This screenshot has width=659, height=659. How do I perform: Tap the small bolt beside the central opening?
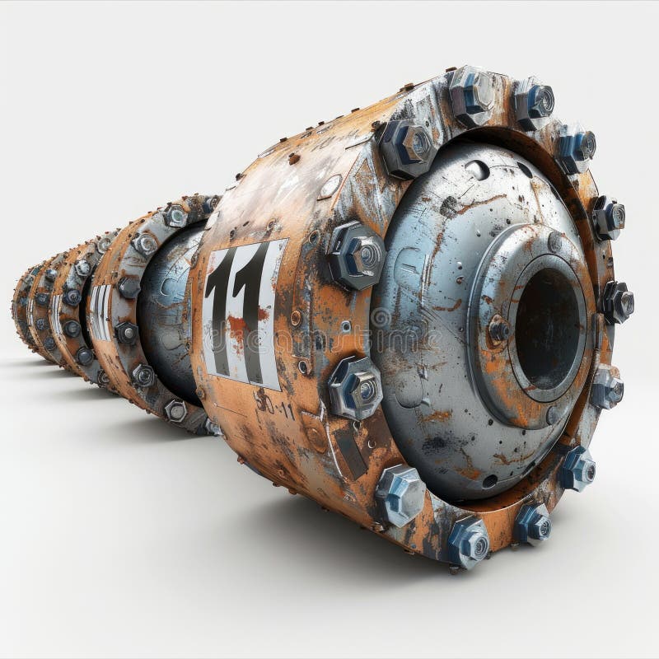[498, 330]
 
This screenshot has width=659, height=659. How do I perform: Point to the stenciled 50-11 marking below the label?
[273, 404]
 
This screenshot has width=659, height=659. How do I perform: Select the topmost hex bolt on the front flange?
[472, 94]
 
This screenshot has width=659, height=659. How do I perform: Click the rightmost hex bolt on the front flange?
[617, 301]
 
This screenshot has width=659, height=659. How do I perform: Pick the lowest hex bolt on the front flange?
[467, 541]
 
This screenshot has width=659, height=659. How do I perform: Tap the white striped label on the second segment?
[100, 313]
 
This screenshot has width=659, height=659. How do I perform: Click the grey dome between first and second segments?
[169, 313]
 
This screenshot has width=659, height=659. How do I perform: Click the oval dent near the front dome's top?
[477, 170]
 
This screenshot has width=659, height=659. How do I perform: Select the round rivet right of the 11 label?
[296, 317]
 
